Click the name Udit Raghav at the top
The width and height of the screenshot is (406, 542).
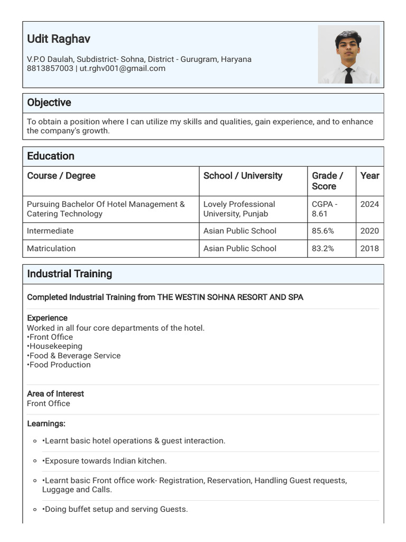[x=59, y=39]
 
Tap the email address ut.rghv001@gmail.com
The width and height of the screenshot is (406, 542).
[x=122, y=68]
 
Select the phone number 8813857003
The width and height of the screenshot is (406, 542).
[x=50, y=68]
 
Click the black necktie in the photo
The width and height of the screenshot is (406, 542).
[x=348, y=75]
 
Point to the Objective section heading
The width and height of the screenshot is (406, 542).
[x=49, y=103]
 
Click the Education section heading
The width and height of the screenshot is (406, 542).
[x=51, y=156]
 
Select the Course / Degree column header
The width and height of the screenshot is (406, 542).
[x=61, y=176]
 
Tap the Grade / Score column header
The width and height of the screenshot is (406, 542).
[x=327, y=181]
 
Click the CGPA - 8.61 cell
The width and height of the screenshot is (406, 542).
[x=325, y=209]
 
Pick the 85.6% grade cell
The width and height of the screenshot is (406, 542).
[x=323, y=231]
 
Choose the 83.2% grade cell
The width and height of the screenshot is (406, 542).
[x=323, y=248]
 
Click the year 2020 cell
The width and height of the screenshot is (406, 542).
[x=370, y=231]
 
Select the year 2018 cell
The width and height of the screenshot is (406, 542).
[x=370, y=248]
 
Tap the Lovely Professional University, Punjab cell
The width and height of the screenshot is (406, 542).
[x=239, y=209]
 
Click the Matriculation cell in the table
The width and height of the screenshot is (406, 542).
[x=51, y=248]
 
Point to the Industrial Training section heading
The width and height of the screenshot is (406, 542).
[x=70, y=274]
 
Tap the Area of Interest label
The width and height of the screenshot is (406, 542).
[x=56, y=394]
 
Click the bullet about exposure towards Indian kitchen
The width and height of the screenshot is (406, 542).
[x=105, y=461]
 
